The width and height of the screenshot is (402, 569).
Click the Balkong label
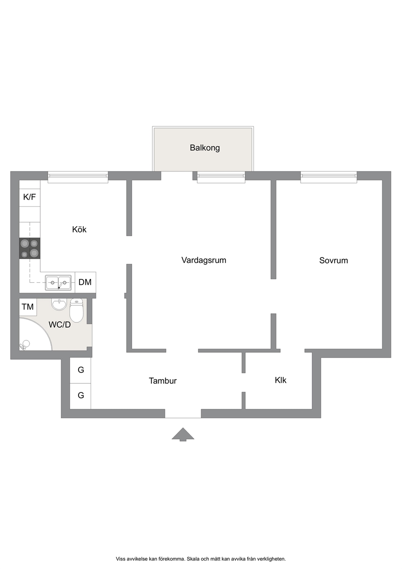[205, 148]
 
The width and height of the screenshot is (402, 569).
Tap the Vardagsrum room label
[204, 260]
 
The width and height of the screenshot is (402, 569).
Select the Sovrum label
[334, 261]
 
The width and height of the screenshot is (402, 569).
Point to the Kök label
[79, 229]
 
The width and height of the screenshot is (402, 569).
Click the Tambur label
[163, 381]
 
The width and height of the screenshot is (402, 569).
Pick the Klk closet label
[280, 380]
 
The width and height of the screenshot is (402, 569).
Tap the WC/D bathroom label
[60, 325]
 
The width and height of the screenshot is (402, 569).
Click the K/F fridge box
[30, 197]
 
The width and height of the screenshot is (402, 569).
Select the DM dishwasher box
[86, 282]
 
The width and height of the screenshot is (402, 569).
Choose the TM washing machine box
[28, 307]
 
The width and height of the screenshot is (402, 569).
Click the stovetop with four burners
[30, 248]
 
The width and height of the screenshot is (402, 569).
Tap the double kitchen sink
[58, 282]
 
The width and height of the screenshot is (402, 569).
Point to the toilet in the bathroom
[77, 310]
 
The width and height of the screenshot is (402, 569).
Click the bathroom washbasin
[59, 304]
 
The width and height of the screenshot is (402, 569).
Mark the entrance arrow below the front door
[183, 434]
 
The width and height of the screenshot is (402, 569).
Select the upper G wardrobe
[81, 370]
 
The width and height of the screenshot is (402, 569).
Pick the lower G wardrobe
[81, 396]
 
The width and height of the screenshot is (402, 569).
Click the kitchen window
[78, 177]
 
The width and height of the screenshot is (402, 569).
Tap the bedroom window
[329, 177]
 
